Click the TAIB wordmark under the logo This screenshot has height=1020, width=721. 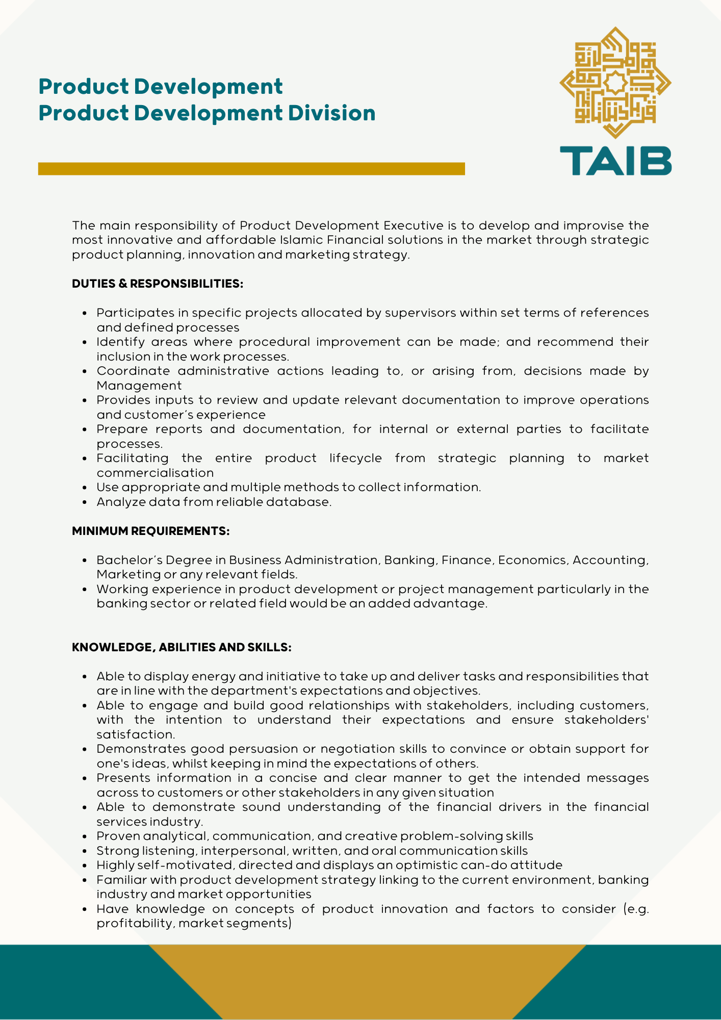(x=615, y=161)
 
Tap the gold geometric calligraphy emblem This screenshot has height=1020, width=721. (x=615, y=82)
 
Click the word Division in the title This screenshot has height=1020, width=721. (x=331, y=113)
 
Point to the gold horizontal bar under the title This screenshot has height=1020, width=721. (x=251, y=169)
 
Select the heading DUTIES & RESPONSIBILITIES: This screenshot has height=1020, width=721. (x=158, y=284)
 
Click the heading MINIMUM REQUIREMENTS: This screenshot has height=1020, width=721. (x=150, y=531)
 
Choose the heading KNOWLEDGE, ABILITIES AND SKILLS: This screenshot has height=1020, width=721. (x=182, y=647)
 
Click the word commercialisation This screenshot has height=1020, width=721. (x=155, y=473)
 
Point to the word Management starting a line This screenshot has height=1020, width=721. (x=139, y=386)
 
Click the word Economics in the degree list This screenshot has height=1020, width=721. (x=532, y=560)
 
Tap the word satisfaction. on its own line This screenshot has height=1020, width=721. (x=136, y=734)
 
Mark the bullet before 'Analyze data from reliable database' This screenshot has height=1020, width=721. (x=85, y=502)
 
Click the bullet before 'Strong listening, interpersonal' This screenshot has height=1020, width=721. (x=85, y=851)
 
